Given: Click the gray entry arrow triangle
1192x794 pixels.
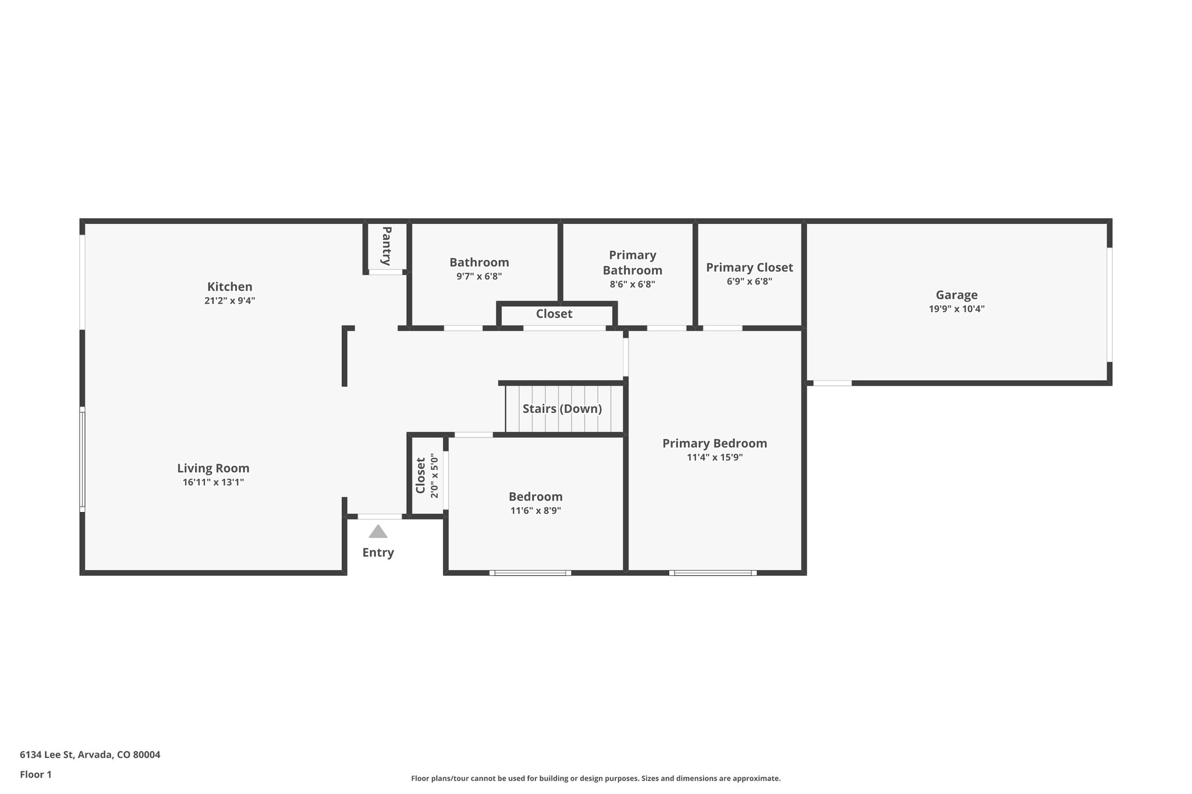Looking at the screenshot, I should pyautogui.click(x=378, y=532).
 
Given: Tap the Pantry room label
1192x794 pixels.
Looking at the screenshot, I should pyautogui.click(x=386, y=245).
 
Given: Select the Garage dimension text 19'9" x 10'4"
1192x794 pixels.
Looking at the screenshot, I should pyautogui.click(x=956, y=309).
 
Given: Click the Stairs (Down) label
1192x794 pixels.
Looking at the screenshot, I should pyautogui.click(x=562, y=408).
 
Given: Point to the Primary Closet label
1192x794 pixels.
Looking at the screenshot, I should pyautogui.click(x=749, y=267).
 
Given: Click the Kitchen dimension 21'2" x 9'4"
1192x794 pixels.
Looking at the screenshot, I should pyautogui.click(x=229, y=301).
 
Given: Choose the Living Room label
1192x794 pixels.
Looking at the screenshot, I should pyautogui.click(x=213, y=468).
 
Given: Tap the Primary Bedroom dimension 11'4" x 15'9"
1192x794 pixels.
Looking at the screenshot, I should pyautogui.click(x=714, y=457).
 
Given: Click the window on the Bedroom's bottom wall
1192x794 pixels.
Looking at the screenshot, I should pyautogui.click(x=530, y=573).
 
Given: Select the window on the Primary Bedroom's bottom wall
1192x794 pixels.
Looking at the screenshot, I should pyautogui.click(x=712, y=573).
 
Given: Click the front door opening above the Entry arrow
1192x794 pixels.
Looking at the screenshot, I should pyautogui.click(x=379, y=517).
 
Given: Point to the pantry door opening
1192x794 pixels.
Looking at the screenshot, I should pyautogui.click(x=385, y=272).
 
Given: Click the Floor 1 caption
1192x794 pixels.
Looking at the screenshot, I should pyautogui.click(x=36, y=774).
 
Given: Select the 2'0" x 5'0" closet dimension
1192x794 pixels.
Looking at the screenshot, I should pyautogui.click(x=434, y=476).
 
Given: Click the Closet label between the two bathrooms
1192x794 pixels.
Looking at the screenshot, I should pyautogui.click(x=554, y=314).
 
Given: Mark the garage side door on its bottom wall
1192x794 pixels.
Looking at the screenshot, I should pyautogui.click(x=832, y=383).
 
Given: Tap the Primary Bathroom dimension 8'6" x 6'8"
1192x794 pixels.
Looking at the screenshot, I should pyautogui.click(x=632, y=284).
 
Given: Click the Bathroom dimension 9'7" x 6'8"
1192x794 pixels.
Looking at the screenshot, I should pyautogui.click(x=478, y=276).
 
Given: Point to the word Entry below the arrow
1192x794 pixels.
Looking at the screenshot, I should pyautogui.click(x=378, y=553).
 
